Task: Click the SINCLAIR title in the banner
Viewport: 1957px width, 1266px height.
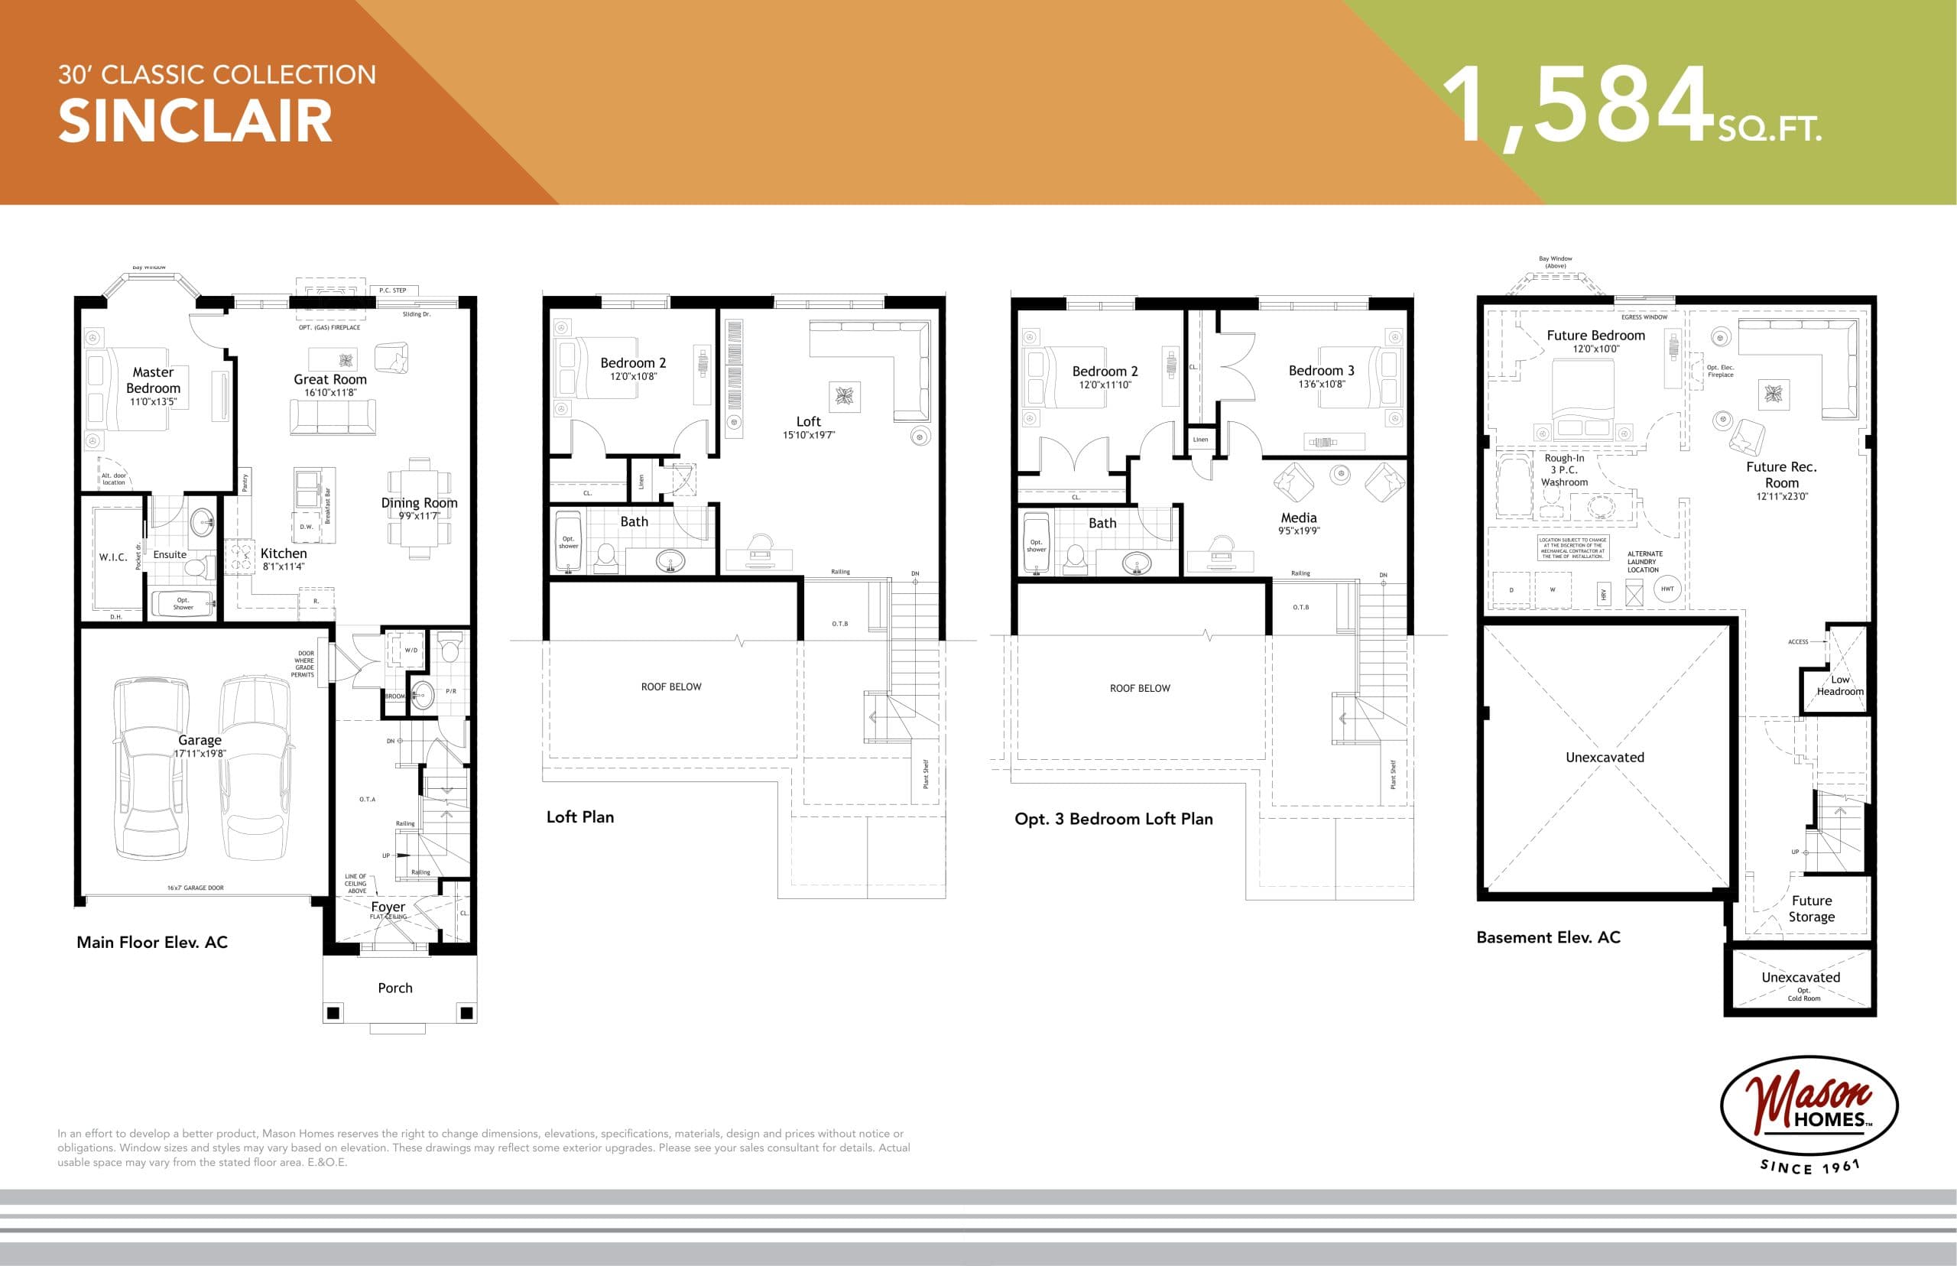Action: coord(195,122)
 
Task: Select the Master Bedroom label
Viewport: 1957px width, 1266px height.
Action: coord(153,380)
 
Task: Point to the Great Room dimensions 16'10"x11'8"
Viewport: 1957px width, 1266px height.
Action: coord(329,393)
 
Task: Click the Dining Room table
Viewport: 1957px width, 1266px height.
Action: coord(419,510)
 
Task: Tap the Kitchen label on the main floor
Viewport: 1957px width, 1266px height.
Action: coord(284,553)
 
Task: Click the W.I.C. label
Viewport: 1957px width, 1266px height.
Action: coord(112,557)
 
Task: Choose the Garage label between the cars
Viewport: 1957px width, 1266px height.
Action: coord(200,740)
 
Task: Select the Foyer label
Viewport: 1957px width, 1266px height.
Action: coord(388,907)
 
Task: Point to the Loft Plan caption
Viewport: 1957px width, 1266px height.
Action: coord(580,817)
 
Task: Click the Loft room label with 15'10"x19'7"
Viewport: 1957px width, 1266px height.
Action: coord(808,422)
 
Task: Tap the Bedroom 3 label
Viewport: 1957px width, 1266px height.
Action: coord(1321,371)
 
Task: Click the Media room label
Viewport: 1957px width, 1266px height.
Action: coord(1299,518)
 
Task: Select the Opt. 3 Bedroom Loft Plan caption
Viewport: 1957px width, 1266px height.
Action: coord(1114,819)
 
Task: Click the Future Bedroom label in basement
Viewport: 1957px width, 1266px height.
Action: coord(1595,336)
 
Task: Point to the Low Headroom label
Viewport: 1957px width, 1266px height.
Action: coord(1839,686)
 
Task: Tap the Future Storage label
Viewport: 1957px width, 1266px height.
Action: coord(1812,908)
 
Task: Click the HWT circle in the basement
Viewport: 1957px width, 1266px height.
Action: coord(1667,589)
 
